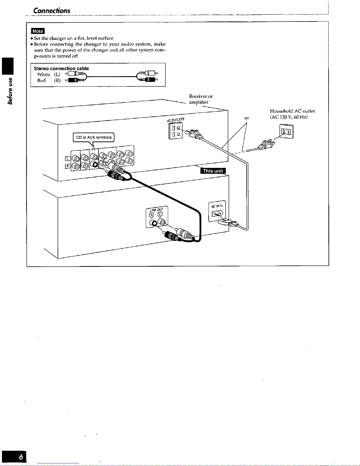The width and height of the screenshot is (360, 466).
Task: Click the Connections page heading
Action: (x=52, y=11)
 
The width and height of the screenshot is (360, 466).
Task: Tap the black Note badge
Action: (x=38, y=31)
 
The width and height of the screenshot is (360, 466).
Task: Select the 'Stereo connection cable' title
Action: (x=61, y=69)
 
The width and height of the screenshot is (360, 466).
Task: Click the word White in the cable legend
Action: (x=44, y=74)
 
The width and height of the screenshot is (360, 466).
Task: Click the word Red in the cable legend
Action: (x=41, y=81)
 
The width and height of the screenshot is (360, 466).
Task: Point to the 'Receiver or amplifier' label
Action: (x=201, y=99)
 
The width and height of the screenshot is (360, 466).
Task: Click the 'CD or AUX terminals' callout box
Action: (x=94, y=137)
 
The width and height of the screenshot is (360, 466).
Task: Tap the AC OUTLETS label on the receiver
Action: (x=175, y=120)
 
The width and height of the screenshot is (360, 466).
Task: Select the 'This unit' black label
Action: (x=213, y=171)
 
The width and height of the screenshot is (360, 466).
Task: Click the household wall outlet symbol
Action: (x=287, y=131)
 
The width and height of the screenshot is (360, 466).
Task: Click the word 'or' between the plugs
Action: (x=247, y=118)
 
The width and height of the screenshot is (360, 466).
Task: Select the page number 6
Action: (x=21, y=457)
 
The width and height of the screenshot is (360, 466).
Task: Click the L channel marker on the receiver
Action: (x=68, y=159)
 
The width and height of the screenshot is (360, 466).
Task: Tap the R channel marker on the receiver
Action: (x=68, y=166)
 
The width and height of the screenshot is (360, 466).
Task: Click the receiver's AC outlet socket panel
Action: (x=175, y=131)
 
